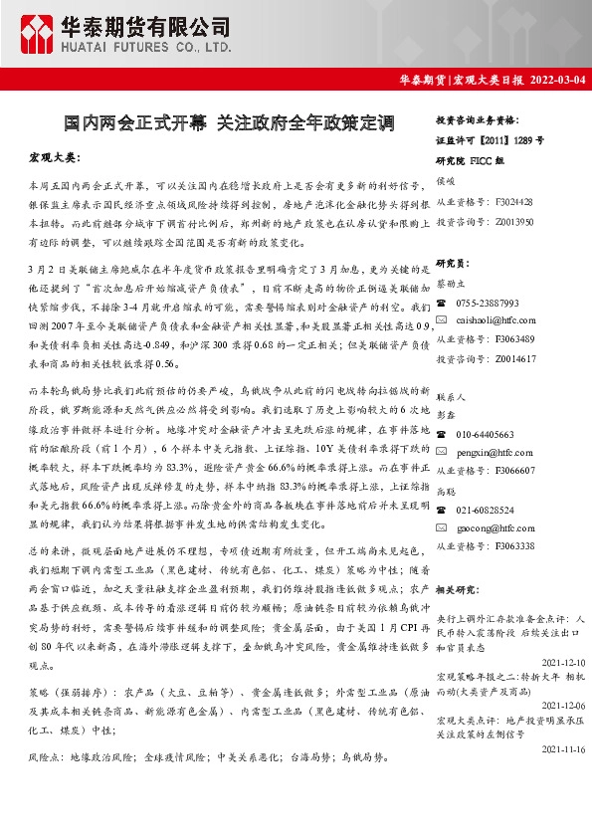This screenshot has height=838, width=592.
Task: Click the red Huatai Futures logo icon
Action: pos(41,34)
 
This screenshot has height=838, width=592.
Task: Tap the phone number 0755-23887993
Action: pos(488,302)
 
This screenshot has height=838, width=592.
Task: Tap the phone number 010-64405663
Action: pos(485,434)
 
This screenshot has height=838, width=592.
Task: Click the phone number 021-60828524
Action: pos(485,509)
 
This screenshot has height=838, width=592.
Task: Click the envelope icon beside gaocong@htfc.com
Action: pos(443,528)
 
